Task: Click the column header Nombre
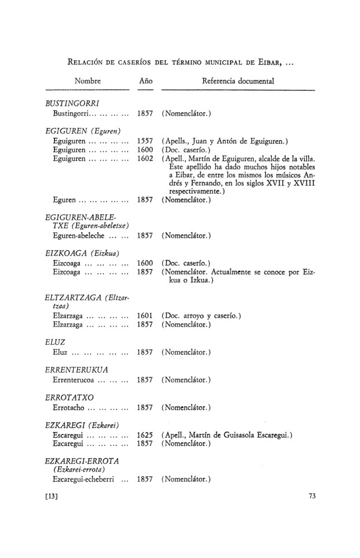click(88, 81)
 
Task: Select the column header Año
click(145, 81)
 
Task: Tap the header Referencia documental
click(237, 81)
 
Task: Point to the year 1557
click(145, 141)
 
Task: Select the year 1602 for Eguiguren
click(145, 159)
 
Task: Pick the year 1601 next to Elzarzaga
click(145, 316)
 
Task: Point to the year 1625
click(145, 435)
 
